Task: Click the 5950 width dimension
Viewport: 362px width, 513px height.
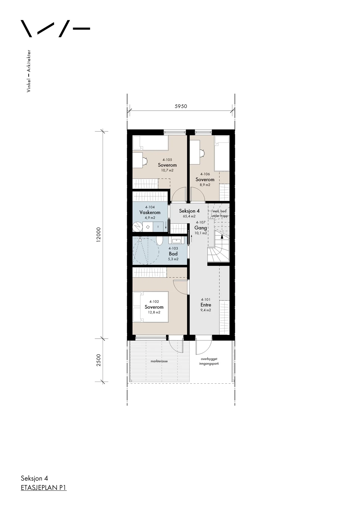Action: pos(181,106)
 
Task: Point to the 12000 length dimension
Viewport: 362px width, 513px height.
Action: pos(98,235)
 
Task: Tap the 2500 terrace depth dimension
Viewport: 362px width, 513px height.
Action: pos(98,360)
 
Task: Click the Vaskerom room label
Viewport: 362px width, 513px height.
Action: pos(150,212)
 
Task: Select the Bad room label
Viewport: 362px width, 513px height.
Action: pos(173,254)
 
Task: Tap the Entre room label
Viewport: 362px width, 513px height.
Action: pos(206,305)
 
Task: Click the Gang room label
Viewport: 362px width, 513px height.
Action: pos(200,228)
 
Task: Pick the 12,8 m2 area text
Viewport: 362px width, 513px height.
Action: pos(154,312)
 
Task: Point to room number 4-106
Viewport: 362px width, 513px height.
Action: pos(205,174)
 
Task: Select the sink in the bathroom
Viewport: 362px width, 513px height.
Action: pos(174,241)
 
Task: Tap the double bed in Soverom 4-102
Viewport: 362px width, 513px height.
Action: pos(150,307)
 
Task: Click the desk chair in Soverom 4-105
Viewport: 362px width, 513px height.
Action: pos(145,161)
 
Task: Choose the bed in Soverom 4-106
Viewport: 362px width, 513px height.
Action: pos(222,153)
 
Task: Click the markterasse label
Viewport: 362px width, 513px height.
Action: pos(159,361)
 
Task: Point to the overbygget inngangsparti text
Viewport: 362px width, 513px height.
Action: pos(209,361)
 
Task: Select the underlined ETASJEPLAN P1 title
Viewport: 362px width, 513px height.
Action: pos(44,488)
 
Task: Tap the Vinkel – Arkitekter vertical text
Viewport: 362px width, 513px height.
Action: pos(28,71)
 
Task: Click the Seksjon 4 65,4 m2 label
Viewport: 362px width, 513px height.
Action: pos(189,213)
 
